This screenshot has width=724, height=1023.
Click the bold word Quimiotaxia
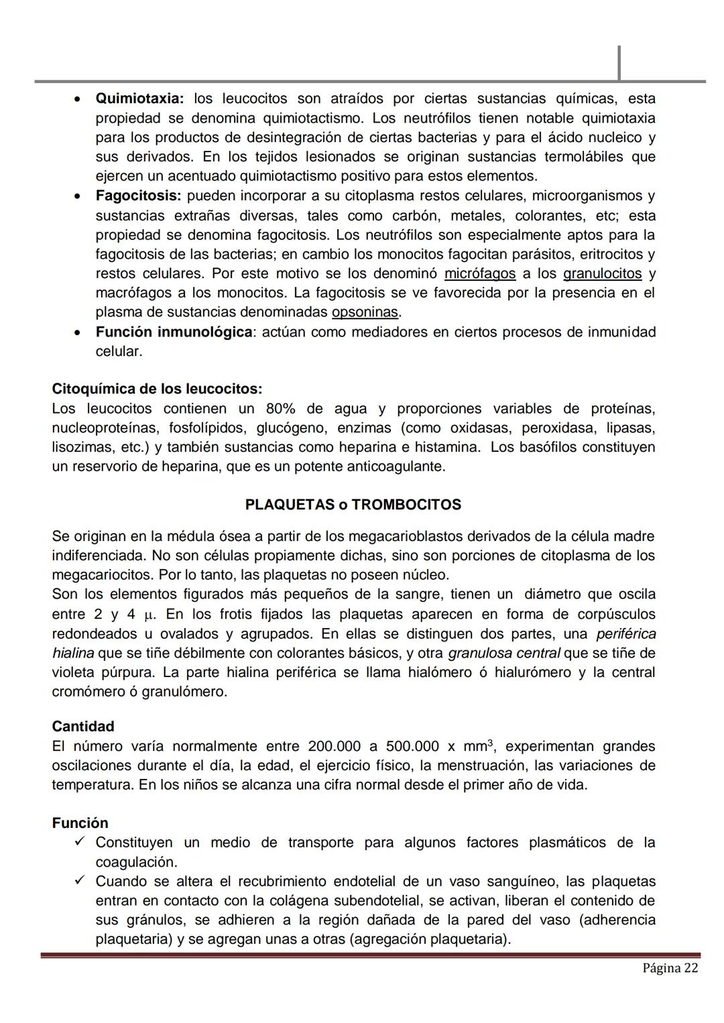click(x=139, y=99)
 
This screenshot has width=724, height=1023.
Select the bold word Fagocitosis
click(x=138, y=196)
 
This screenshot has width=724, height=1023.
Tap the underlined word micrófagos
click(x=480, y=274)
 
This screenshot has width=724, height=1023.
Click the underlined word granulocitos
click(x=602, y=274)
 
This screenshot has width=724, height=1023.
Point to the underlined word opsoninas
click(x=365, y=312)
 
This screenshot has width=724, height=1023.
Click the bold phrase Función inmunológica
click(x=174, y=332)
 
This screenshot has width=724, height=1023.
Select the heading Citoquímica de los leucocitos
click(x=157, y=389)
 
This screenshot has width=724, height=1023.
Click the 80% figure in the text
click(x=280, y=409)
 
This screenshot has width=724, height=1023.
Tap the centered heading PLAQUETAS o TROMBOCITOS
click(x=353, y=505)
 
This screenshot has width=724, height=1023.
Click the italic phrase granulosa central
click(x=503, y=653)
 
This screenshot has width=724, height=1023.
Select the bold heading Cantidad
click(x=83, y=727)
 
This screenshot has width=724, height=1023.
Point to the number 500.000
click(x=412, y=746)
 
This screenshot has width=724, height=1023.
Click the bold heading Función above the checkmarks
click(x=80, y=823)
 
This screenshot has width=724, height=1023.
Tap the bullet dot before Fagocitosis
click(x=78, y=197)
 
